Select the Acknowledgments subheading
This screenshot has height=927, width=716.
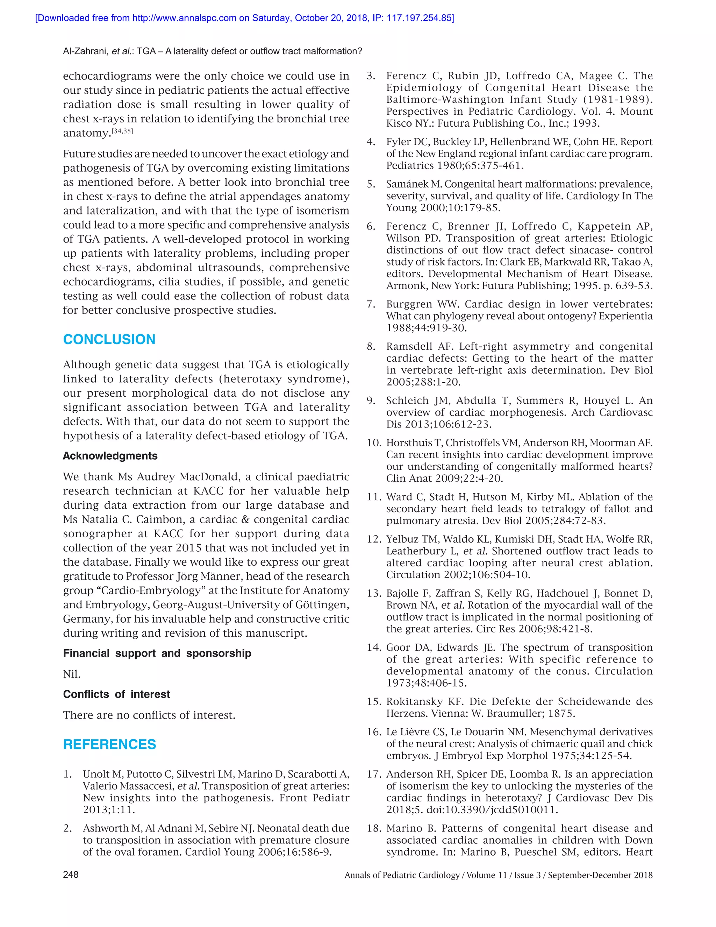click(110, 456)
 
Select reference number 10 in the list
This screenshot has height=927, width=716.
click(374, 443)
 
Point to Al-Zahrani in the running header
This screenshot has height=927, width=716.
click(84, 51)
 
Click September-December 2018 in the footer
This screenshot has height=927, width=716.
click(600, 875)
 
